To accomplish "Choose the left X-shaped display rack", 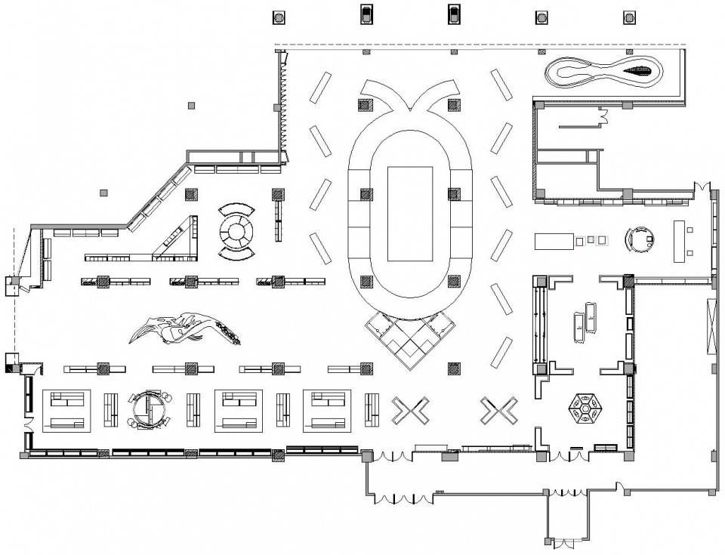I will pos(410,411).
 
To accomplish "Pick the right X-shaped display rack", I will pos(498,411).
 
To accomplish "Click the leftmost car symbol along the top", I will pos(278,16).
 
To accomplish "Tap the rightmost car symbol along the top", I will pos(627,17).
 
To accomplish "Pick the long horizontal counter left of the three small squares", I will pos(555,241).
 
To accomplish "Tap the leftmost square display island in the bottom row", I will pos(66,410).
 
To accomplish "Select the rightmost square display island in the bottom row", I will pos(328,410).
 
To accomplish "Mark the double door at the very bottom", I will pos(563,542).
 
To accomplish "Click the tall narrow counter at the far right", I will pos(679,241).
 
